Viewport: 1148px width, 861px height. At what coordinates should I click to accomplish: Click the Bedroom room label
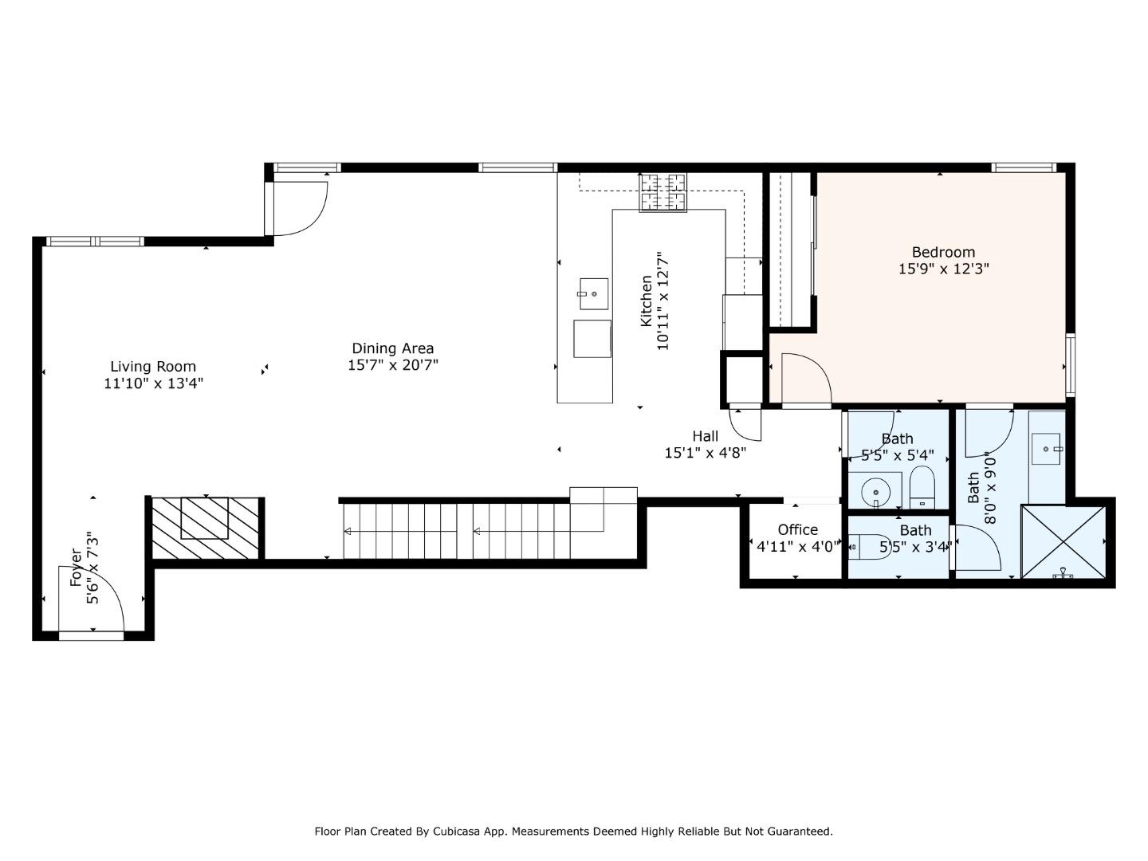pos(943,253)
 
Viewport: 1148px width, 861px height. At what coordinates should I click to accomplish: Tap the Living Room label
pos(153,367)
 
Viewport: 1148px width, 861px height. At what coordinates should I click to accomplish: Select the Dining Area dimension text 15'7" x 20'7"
pos(393,365)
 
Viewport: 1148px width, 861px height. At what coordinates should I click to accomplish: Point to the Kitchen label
pos(647,301)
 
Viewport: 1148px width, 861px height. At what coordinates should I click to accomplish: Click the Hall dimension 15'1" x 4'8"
pos(705,453)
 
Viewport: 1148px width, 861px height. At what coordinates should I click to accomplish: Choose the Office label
pos(797,529)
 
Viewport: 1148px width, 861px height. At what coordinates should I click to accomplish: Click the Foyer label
pos(77,567)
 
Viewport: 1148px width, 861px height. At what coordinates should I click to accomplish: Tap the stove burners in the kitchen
pos(662,192)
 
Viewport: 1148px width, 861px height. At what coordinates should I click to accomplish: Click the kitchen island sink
pos(594,294)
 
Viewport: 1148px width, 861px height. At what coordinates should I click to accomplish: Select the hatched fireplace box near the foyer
pos(205,528)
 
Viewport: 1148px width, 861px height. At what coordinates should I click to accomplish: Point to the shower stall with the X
pos(1063,542)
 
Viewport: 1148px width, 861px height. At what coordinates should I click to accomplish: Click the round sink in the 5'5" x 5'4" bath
pos(875,493)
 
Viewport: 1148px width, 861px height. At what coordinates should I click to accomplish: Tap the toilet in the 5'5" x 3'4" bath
pos(868,547)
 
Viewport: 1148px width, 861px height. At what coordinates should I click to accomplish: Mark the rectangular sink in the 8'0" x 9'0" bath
pos(1045,449)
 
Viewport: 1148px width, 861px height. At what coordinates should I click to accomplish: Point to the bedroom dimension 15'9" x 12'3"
pos(943,269)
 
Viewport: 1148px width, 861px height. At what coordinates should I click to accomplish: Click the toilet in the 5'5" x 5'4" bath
pos(922,487)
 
